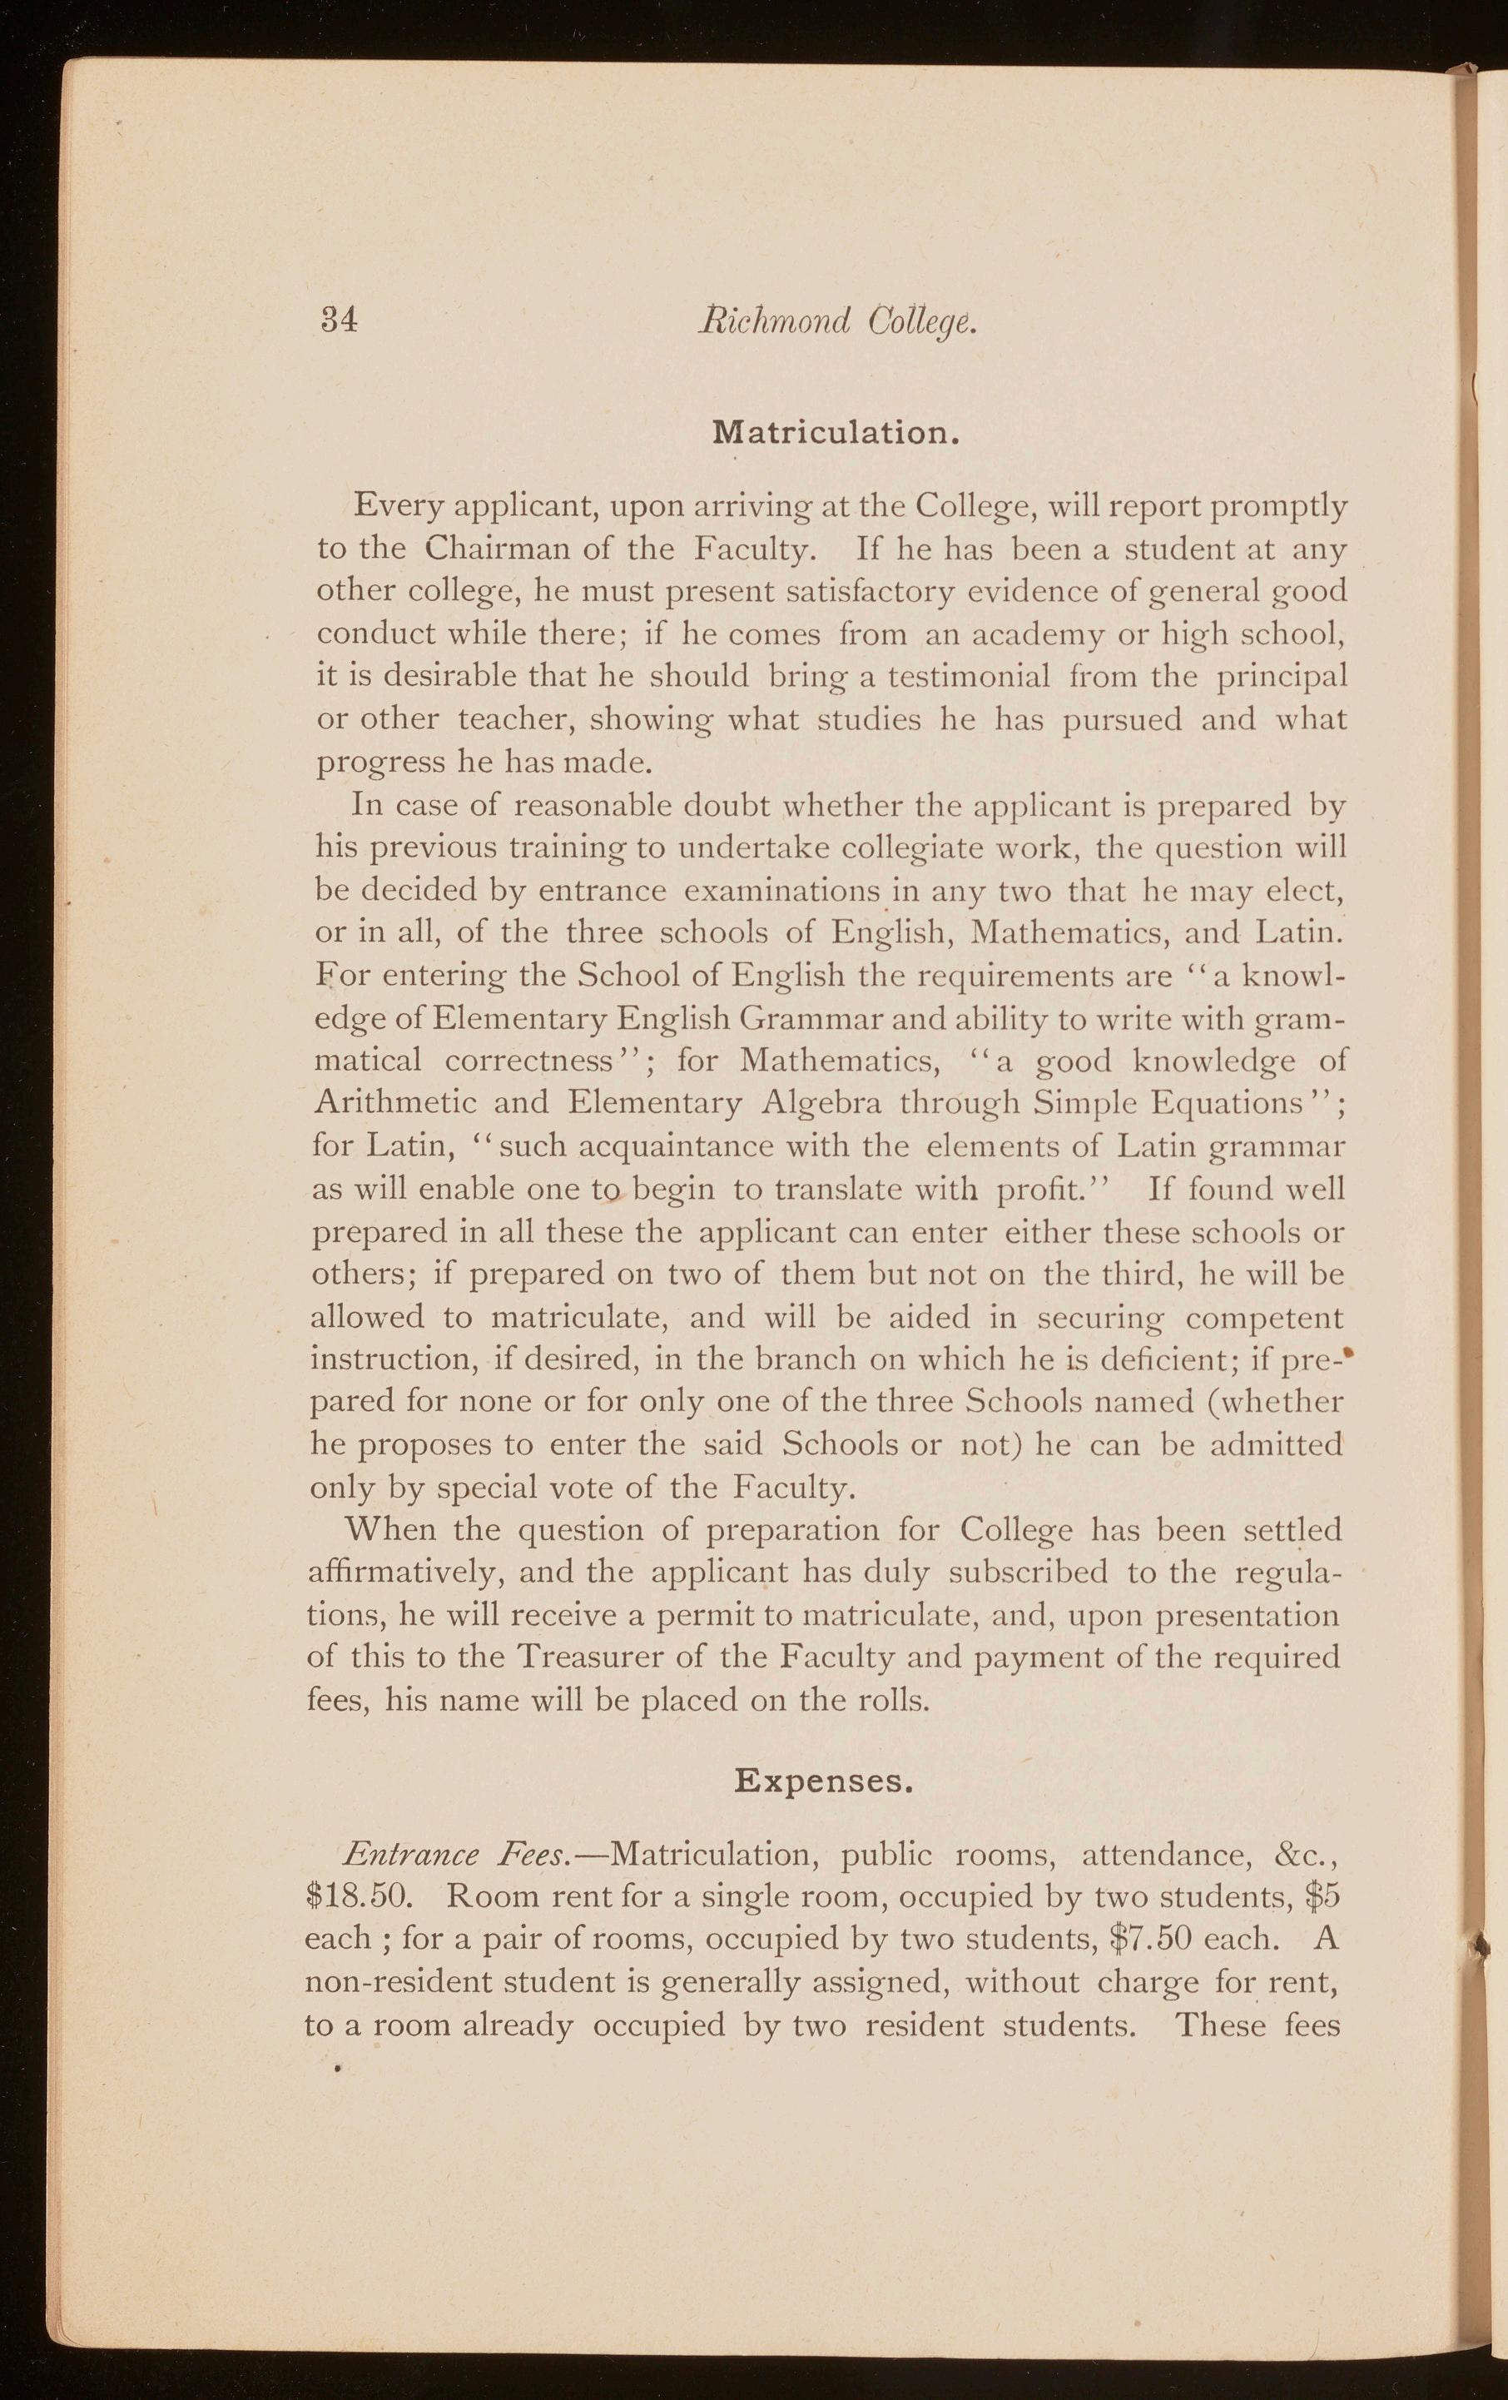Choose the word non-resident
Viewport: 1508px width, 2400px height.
point(397,1986)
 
